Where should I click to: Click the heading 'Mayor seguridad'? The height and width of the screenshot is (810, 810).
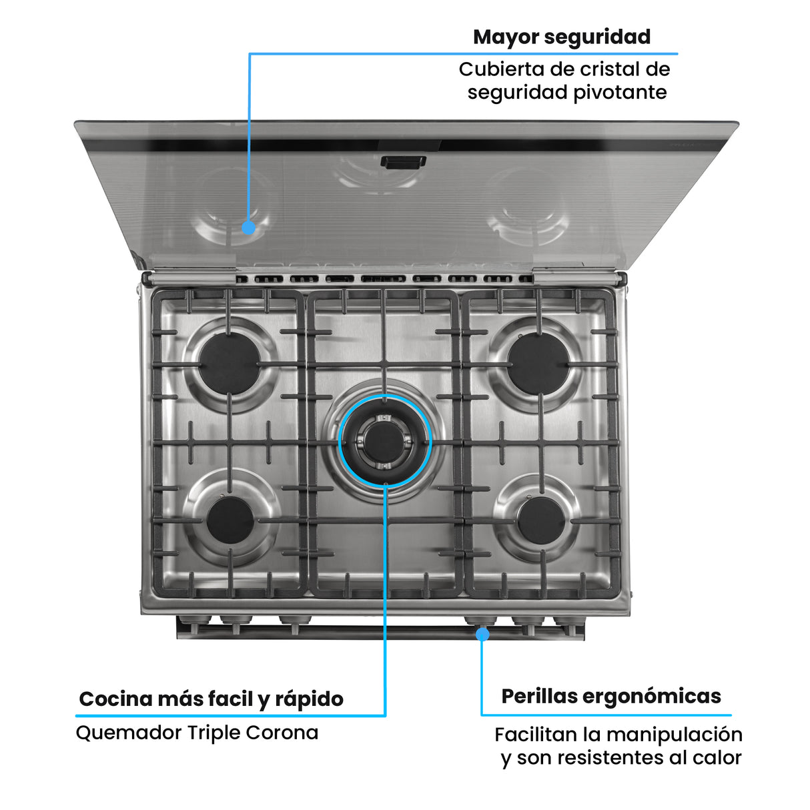coord(561,37)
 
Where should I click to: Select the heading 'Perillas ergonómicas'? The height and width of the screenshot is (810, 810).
coord(611,696)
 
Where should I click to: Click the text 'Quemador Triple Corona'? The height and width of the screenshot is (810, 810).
coord(197,732)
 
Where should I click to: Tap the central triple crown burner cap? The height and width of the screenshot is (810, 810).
coord(385,442)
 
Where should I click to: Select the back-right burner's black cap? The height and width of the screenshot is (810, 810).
coord(538,364)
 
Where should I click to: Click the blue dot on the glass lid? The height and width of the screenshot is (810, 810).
coord(249,228)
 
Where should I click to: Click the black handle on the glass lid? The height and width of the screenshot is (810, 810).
coord(403,161)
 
